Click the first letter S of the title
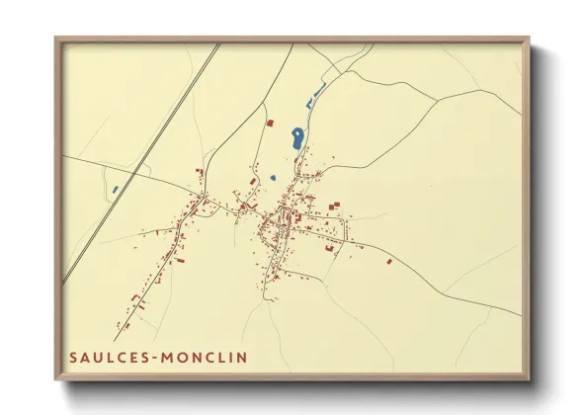point(73,357)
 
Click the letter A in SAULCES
point(85,357)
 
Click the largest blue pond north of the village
point(296,138)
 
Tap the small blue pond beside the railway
point(116,188)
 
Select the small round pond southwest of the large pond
point(273,178)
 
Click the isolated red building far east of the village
point(389,262)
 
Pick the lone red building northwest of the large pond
point(269,123)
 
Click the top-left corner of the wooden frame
point(56,39)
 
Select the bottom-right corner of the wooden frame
point(528,379)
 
